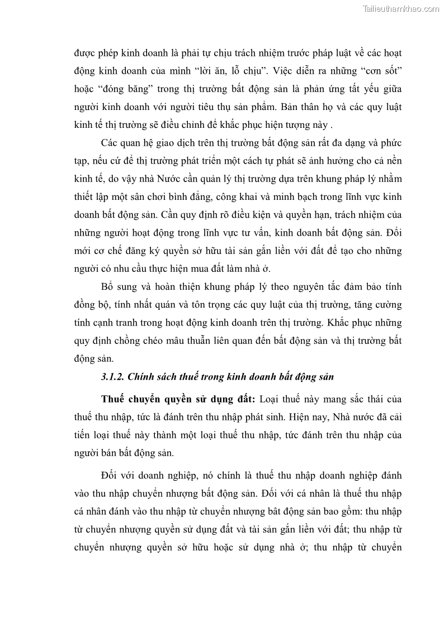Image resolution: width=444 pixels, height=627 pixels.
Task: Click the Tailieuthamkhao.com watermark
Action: tap(401, 8)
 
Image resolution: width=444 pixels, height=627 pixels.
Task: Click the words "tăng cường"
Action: tap(380, 304)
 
